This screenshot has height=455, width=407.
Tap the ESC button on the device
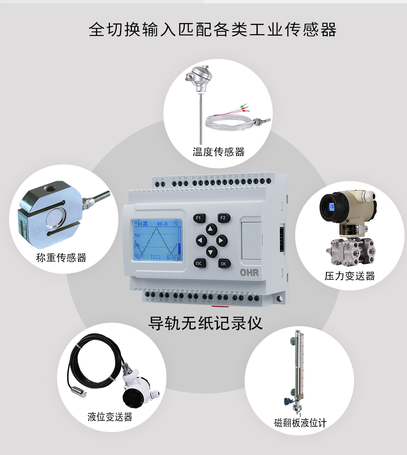coord(199,263)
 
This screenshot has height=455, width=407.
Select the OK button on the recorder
coord(224,263)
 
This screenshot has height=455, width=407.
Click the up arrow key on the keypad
coord(211,229)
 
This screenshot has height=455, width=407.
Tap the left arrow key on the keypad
coord(201,240)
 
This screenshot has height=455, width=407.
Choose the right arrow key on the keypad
coord(222,240)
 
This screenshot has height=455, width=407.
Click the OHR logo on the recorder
coord(250,273)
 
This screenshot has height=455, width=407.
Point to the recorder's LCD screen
coord(157,241)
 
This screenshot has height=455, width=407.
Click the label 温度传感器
coord(219,152)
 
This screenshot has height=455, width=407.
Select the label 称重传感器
coord(61,258)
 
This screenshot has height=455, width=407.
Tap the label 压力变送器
coord(350,276)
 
